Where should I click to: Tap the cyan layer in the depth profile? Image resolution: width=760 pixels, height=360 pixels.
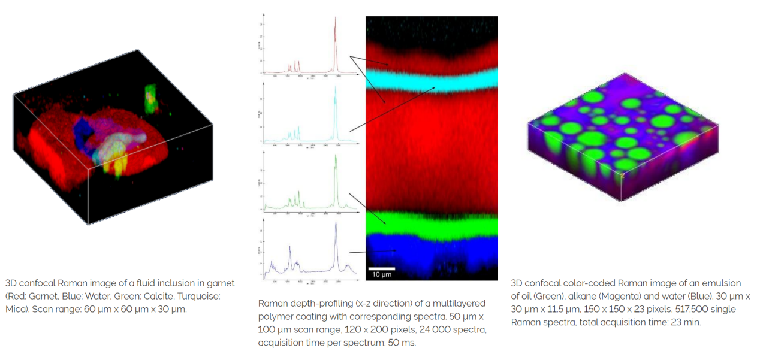click(432, 80)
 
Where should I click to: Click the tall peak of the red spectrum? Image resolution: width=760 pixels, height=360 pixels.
click(335, 21)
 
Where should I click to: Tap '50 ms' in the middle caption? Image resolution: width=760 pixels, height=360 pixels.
click(404, 343)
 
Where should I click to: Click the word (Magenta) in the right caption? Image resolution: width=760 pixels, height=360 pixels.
click(608, 296)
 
